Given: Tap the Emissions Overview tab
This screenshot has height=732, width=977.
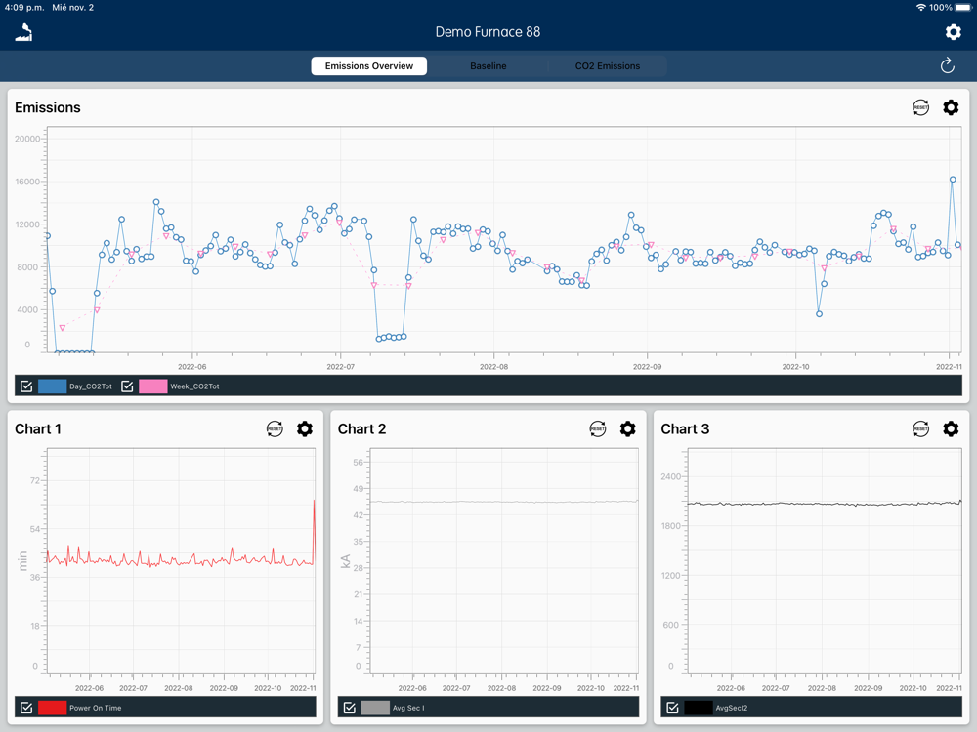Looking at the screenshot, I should click(x=369, y=66).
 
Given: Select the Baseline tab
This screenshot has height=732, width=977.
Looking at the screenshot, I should click(x=488, y=66).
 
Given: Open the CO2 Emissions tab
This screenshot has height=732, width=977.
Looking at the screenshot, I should click(x=607, y=66).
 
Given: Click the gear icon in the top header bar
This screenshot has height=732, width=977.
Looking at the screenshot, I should click(x=953, y=32).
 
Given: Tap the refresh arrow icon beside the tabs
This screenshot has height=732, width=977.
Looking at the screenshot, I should click(x=947, y=66).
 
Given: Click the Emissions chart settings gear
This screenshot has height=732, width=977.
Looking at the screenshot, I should click(x=951, y=107).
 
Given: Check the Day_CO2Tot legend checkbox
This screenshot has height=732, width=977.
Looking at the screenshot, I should click(x=26, y=386).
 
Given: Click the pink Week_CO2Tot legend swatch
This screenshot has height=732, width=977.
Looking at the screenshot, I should click(x=152, y=386).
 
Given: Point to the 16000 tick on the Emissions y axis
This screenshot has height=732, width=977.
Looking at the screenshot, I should click(x=27, y=182).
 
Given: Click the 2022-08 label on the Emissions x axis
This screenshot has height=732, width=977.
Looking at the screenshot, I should click(x=493, y=367).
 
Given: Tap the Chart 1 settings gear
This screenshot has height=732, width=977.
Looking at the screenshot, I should click(x=305, y=428).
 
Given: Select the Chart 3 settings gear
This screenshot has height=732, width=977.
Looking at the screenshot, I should click(x=951, y=428).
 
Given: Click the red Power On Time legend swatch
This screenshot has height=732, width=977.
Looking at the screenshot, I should click(x=52, y=708).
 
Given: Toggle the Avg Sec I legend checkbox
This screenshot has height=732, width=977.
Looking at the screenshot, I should click(x=349, y=708).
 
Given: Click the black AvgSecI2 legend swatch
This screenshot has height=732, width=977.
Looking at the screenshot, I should click(x=698, y=708).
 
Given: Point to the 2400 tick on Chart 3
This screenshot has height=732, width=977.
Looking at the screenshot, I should click(x=669, y=477).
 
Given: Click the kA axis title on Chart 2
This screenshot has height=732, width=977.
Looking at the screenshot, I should click(x=345, y=561).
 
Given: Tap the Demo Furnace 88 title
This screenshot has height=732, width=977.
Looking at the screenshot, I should click(x=488, y=32).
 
